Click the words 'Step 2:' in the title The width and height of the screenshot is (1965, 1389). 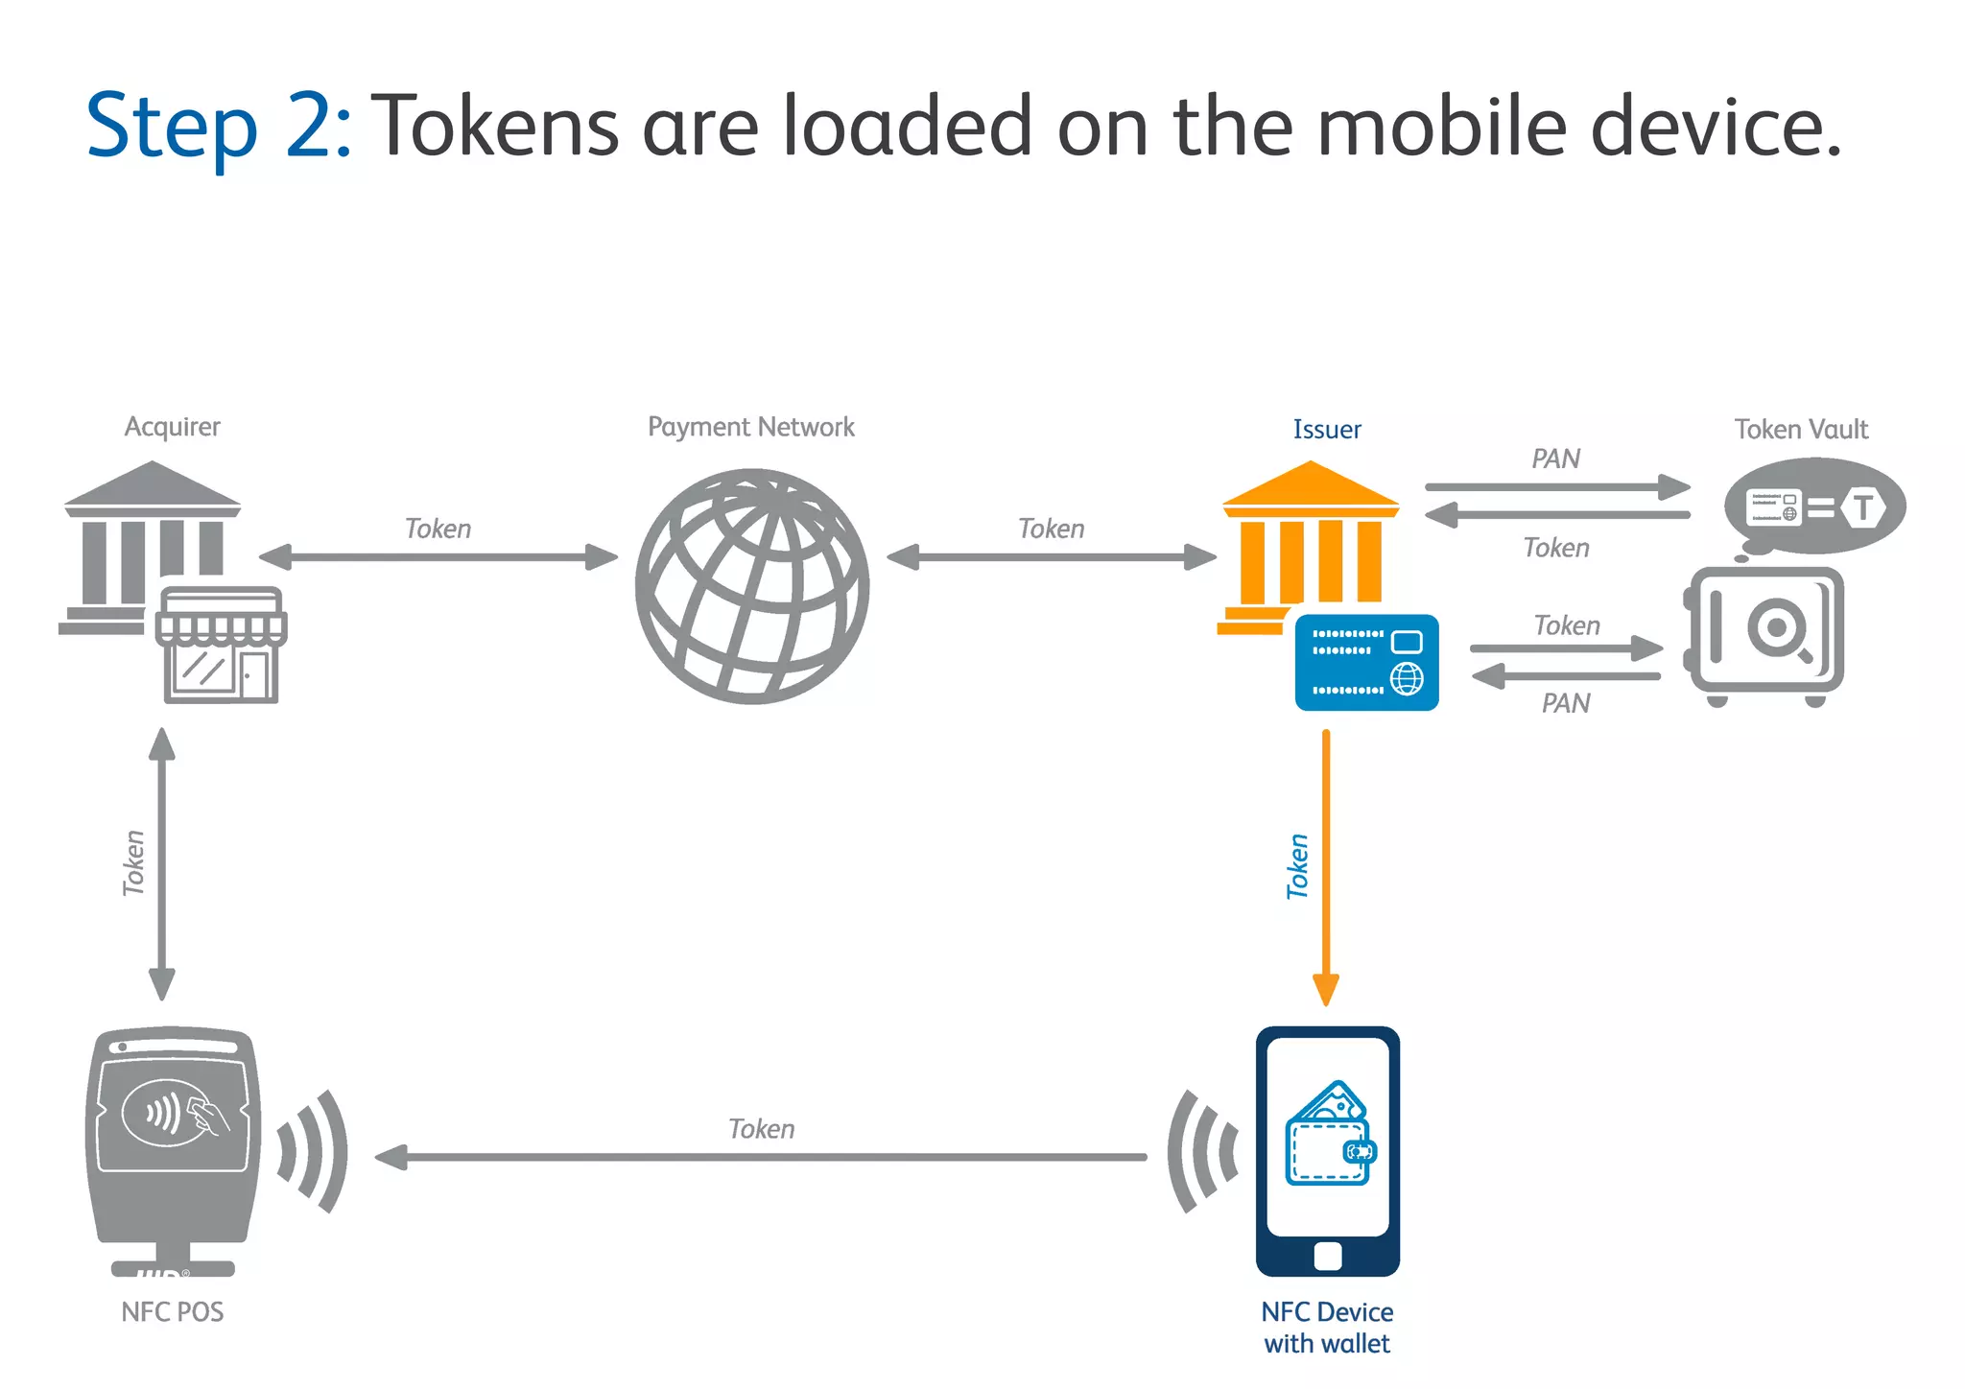[x=219, y=127]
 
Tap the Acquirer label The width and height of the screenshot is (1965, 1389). [x=172, y=427]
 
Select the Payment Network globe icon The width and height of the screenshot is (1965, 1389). [x=752, y=585]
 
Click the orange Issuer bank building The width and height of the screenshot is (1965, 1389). [x=1309, y=542]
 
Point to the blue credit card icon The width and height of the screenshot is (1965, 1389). [x=1366, y=662]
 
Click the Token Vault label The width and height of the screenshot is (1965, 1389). [x=1801, y=429]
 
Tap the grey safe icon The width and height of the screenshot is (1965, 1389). [x=1764, y=634]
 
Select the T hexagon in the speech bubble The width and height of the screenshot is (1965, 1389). [x=1862, y=506]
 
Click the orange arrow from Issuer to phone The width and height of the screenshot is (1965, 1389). [x=1326, y=863]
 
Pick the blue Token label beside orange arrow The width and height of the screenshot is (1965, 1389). [x=1297, y=866]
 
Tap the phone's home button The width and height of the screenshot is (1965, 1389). [x=1328, y=1256]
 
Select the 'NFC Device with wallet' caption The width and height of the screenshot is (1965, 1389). [x=1327, y=1327]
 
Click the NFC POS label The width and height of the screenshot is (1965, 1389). [x=173, y=1311]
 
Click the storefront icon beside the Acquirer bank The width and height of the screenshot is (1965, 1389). [x=222, y=645]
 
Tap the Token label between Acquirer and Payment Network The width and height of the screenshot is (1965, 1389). [x=438, y=529]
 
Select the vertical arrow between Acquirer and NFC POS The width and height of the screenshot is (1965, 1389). [x=162, y=863]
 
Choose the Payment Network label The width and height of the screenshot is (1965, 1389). [x=750, y=427]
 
